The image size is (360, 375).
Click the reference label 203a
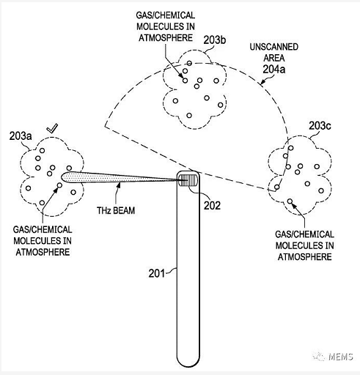[x=21, y=136]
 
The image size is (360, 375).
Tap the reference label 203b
[x=215, y=40]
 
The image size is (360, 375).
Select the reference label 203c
[x=320, y=126]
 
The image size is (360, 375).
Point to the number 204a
[x=274, y=70]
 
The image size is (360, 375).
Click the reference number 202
[x=212, y=206]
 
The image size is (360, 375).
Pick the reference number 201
[x=157, y=273]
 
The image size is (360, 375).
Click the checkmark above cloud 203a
[x=52, y=128]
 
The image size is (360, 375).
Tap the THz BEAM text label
[x=116, y=210]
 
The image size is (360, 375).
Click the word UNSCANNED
[x=274, y=47]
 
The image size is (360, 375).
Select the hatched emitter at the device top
[x=188, y=180]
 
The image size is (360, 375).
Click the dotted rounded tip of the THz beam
[x=64, y=177]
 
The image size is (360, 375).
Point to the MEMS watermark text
[x=341, y=357]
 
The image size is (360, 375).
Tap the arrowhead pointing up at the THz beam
[x=119, y=185]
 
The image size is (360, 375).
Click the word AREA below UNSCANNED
[x=274, y=58]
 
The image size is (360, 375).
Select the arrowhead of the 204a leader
[x=262, y=83]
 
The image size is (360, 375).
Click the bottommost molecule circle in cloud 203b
[x=189, y=115]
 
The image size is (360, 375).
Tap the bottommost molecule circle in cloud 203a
[x=42, y=203]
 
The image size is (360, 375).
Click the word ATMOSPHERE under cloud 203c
[x=305, y=257]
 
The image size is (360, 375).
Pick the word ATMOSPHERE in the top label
[x=166, y=38]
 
